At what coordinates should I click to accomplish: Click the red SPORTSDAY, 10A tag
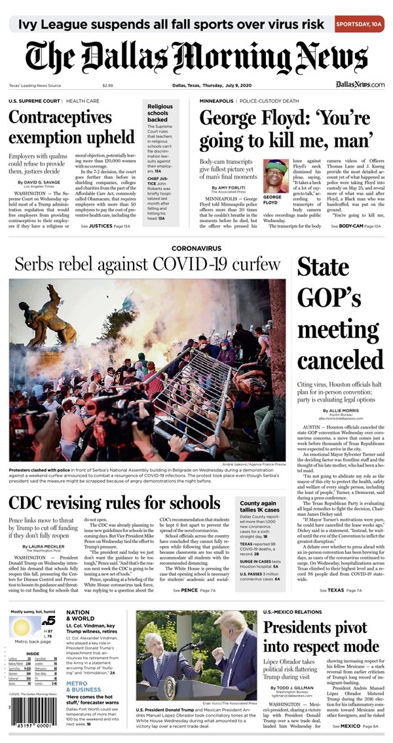(x=359, y=24)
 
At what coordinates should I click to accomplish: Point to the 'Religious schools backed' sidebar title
(x=160, y=113)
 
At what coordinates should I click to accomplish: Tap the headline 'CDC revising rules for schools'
(x=115, y=504)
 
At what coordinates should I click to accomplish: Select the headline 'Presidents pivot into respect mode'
(x=321, y=637)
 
